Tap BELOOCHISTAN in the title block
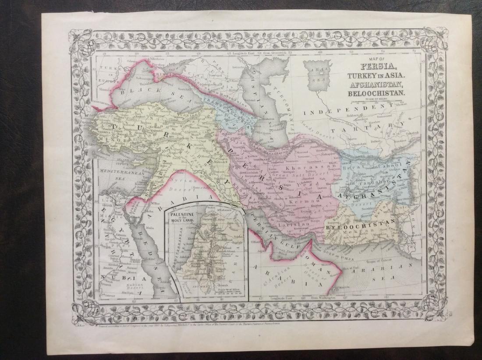pos(377,93)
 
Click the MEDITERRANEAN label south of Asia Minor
pos(112,173)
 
